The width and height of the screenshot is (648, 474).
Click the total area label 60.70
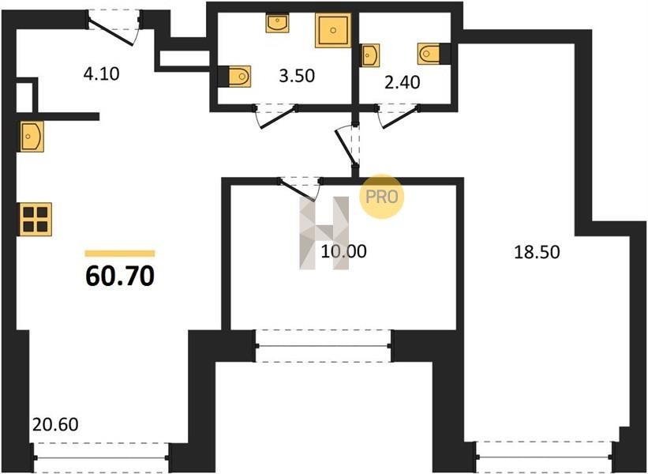tap(120, 276)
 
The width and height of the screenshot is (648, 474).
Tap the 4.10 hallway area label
tap(101, 74)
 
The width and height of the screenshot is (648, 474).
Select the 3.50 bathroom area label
tap(297, 76)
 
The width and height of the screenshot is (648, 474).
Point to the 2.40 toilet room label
tap(402, 82)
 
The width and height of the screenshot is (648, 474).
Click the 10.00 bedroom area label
tap(343, 251)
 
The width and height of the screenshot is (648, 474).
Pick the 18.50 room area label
tap(537, 251)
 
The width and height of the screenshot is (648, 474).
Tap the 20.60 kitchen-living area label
tap(55, 424)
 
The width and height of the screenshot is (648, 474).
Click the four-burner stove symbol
tap(36, 219)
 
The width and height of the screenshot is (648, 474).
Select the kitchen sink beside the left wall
tap(32, 136)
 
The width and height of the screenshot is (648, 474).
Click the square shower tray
tap(333, 30)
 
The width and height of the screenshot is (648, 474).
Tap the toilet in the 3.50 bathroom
tap(234, 76)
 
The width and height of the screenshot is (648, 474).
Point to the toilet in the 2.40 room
tap(433, 54)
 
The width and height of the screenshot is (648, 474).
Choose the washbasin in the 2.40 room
tap(370, 55)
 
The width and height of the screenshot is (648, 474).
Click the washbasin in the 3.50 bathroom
tap(277, 23)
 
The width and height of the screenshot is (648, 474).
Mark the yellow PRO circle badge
tap(381, 197)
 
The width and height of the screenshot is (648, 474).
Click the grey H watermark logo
tap(324, 233)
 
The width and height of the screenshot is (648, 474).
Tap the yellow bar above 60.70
tap(120, 254)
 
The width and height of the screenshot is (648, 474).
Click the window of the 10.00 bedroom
tap(324, 346)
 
